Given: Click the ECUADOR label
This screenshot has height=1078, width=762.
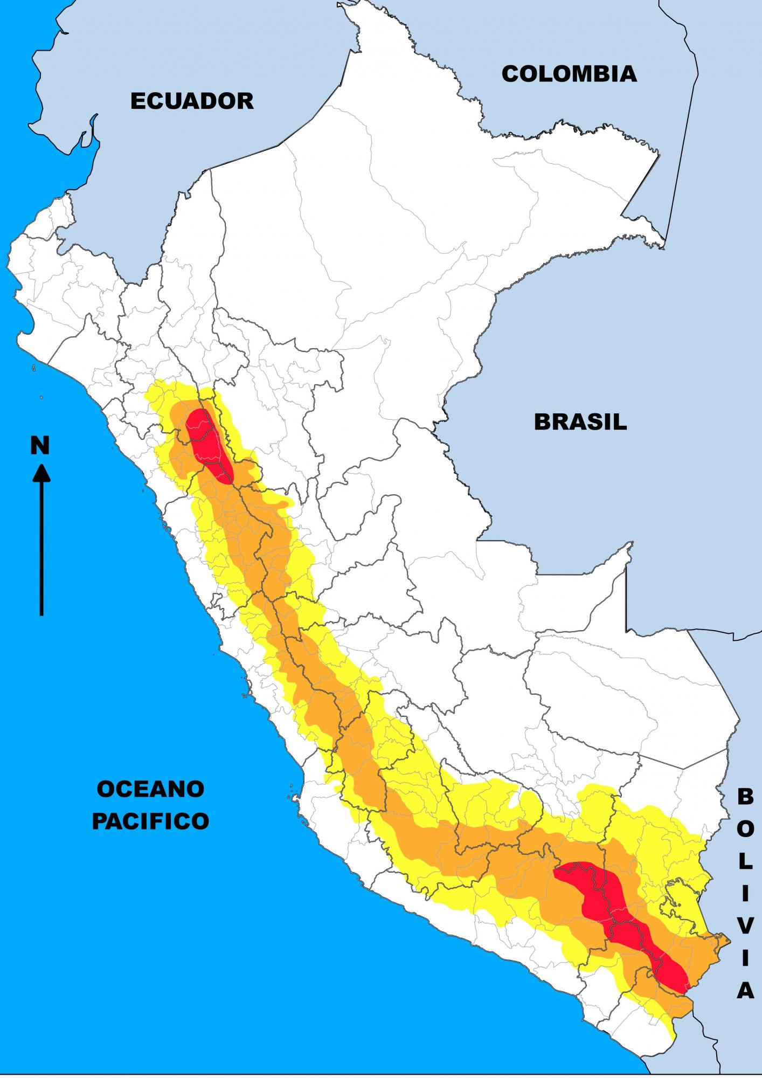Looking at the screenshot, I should (192, 101).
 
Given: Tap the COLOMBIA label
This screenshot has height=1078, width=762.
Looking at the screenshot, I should (569, 74).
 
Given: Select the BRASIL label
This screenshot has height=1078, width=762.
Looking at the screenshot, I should (580, 421).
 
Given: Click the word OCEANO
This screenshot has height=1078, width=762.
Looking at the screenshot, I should (150, 789).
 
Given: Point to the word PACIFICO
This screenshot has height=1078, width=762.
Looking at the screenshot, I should (150, 821).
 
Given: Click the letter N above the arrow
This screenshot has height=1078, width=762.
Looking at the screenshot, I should (40, 446).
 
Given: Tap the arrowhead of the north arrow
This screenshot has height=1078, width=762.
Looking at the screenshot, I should (41, 474).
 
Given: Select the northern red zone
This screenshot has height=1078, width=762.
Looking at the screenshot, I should (207, 442).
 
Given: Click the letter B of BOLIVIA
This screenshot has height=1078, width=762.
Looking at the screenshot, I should (745, 796).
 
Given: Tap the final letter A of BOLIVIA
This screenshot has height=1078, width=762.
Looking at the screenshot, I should (745, 990).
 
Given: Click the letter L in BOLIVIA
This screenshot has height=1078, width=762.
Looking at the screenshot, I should (745, 861).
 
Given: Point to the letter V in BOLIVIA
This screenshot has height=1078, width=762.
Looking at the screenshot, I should (745, 925).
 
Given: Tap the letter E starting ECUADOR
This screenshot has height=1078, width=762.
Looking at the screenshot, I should (138, 101).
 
